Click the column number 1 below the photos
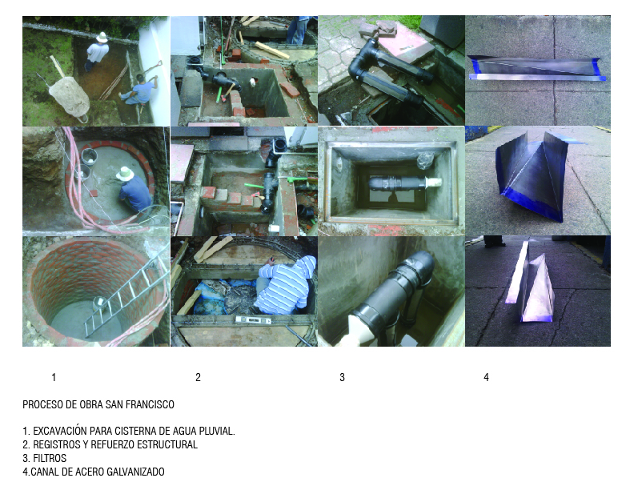pyautogui.click(x=54, y=377)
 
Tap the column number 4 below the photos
pyautogui.click(x=486, y=377)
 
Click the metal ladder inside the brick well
pyautogui.click(x=126, y=291)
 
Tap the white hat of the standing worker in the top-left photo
pyautogui.click(x=102, y=37)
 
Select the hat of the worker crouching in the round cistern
pyautogui.click(x=125, y=174)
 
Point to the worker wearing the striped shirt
pyautogui.click(x=285, y=285)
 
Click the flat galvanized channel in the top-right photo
pyautogui.click(x=536, y=68)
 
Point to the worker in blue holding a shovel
pyautogui.click(x=138, y=91)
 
